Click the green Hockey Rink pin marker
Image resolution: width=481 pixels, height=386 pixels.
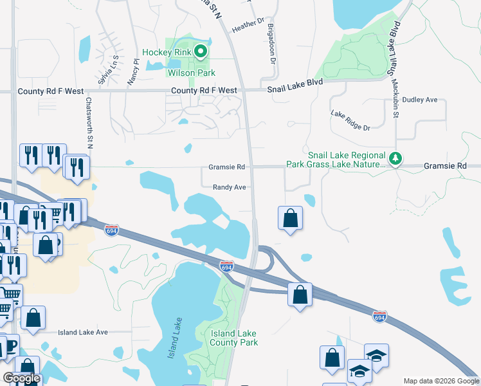point(201,51)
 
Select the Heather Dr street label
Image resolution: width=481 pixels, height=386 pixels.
point(248,25)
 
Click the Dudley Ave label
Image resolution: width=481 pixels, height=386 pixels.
point(419,100)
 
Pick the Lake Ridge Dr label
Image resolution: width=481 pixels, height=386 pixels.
point(350,120)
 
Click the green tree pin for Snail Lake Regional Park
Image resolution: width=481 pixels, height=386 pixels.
point(397,158)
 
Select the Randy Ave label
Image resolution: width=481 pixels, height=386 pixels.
point(230,187)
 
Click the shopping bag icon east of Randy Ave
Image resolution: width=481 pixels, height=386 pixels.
point(291,217)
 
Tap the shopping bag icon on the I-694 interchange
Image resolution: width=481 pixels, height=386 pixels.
point(300,295)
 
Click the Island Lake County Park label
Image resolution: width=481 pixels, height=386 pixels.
point(234,338)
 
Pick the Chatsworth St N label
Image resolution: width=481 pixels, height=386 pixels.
point(89,121)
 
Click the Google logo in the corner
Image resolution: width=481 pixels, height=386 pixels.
point(22,378)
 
